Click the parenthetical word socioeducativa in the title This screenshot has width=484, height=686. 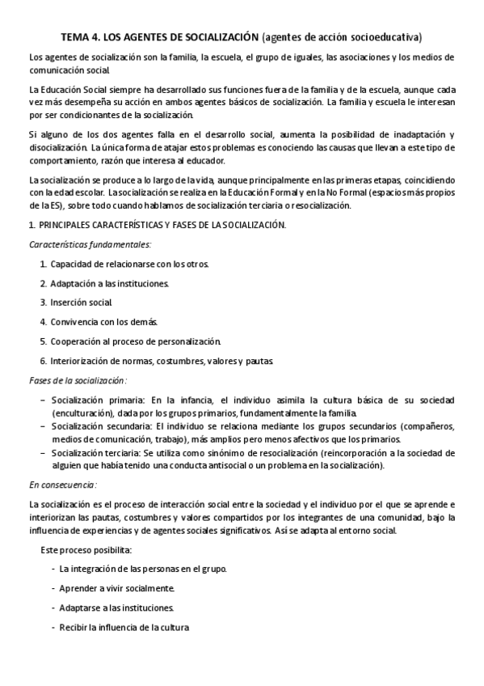(387, 36)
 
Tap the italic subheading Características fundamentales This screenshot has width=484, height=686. (89, 244)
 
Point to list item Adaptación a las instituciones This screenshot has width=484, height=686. (110, 283)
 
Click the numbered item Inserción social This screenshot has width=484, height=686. (82, 303)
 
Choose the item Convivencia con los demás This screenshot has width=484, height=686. (104, 322)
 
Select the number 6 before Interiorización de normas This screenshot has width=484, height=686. (42, 361)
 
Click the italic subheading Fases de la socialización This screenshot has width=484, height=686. (78, 380)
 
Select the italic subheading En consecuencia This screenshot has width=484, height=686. (62, 485)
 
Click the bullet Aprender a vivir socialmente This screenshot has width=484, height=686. (116, 588)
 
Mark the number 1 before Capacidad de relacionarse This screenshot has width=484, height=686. (42, 264)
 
